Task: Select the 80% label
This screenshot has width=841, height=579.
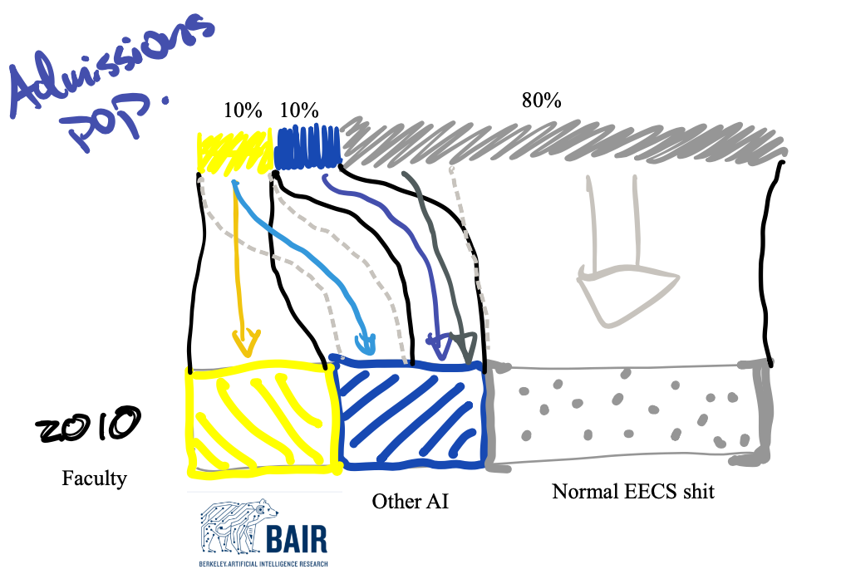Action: (x=541, y=101)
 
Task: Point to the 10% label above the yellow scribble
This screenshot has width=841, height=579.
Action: (x=243, y=110)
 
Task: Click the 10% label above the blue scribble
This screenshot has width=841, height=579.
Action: (x=299, y=110)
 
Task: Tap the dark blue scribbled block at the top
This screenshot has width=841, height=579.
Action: (x=307, y=146)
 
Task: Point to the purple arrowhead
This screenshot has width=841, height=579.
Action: (x=435, y=341)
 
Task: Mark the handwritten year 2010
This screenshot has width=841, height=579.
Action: (x=87, y=426)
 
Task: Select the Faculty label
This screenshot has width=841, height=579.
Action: (x=94, y=478)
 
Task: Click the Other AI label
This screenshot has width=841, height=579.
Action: (x=410, y=501)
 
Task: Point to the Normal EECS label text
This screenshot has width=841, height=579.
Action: (x=633, y=492)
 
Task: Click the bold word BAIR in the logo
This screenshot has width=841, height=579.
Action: (x=297, y=539)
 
